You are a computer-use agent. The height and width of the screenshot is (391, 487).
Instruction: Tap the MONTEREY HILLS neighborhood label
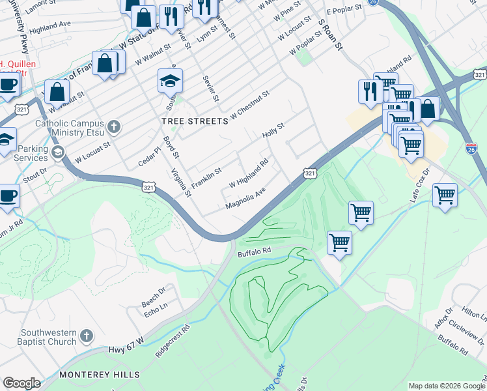click(x=99, y=375)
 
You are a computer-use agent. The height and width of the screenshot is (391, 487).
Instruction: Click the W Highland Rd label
click(x=248, y=175)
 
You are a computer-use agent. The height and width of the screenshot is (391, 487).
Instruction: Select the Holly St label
click(x=273, y=130)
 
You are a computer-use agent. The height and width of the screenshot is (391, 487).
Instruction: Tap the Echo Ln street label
click(x=155, y=306)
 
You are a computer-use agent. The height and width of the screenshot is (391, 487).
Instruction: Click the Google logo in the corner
click(x=21, y=383)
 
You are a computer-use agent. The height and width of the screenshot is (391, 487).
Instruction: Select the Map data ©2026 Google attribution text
click(x=447, y=386)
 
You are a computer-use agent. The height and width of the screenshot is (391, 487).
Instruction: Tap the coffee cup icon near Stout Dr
click(x=8, y=195)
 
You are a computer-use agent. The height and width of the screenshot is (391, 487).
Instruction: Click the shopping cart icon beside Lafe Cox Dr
click(x=445, y=194)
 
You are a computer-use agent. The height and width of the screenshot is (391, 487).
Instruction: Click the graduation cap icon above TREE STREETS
click(x=170, y=81)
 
